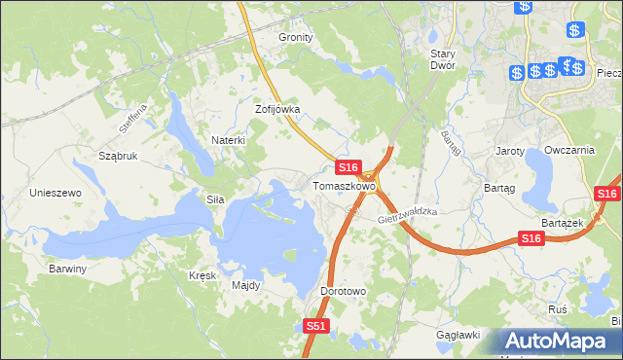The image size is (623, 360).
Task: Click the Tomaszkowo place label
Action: click(344, 186)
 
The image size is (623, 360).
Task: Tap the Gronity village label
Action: click(296, 37)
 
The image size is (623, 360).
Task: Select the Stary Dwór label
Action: click(450, 60)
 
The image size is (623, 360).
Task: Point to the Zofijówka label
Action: click(277, 110)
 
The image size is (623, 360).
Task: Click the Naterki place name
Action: click(229, 140)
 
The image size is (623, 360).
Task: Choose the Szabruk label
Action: click(119, 156)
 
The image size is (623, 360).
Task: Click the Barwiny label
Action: click(68, 269)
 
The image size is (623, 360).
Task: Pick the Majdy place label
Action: click(245, 285)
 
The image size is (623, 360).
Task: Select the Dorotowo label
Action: click(342, 291)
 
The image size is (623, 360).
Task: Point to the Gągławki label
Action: click(459, 335)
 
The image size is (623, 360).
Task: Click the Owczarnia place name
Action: click(570, 150)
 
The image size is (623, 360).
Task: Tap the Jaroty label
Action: click(510, 152)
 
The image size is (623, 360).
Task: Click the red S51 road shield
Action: click(314, 328)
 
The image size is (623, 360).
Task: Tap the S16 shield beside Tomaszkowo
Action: click(350, 167)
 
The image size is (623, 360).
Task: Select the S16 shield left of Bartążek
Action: click(531, 239)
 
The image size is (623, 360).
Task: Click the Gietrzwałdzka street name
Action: click(409, 215)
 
